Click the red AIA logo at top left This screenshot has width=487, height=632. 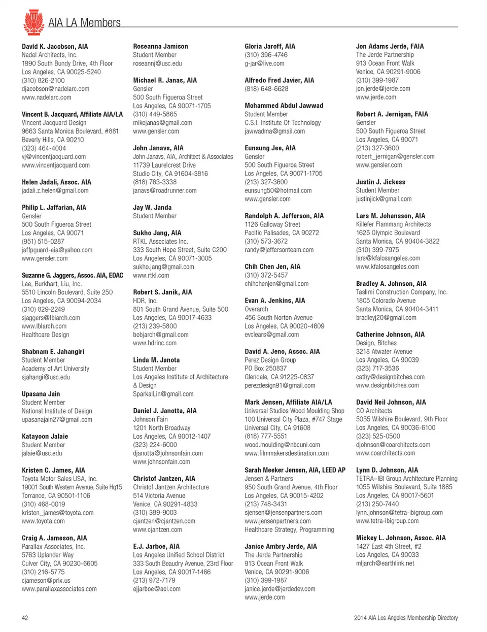point(33,22)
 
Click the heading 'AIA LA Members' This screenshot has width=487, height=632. point(84,23)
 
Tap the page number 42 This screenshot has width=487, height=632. point(25,618)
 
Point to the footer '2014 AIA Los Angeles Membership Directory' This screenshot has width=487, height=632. point(405,618)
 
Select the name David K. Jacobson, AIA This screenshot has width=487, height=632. point(55,46)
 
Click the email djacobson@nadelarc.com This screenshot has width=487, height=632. point(55,89)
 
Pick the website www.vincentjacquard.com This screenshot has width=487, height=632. point(55,165)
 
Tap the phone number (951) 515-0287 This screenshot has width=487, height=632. point(43,241)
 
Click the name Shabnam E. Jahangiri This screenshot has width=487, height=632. point(53,351)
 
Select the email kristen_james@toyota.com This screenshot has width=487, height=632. point(57,513)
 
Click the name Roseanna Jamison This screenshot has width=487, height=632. point(160,46)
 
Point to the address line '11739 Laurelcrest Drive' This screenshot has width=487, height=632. point(164,165)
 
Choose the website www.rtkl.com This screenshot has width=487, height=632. point(151,275)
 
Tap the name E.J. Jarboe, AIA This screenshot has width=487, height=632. point(156,546)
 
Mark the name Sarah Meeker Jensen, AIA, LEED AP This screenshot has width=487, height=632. point(295,470)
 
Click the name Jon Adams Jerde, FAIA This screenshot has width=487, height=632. point(390,46)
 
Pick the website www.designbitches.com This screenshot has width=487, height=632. point(387,385)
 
